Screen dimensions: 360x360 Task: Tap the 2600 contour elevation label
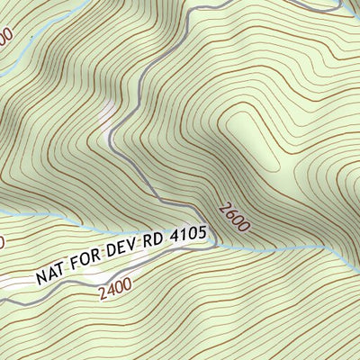tap(231, 218)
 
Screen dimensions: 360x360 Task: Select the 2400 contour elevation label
tap(115, 289)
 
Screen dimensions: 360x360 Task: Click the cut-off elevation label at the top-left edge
tap(4, 38)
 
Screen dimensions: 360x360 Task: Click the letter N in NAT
tap(41, 275)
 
